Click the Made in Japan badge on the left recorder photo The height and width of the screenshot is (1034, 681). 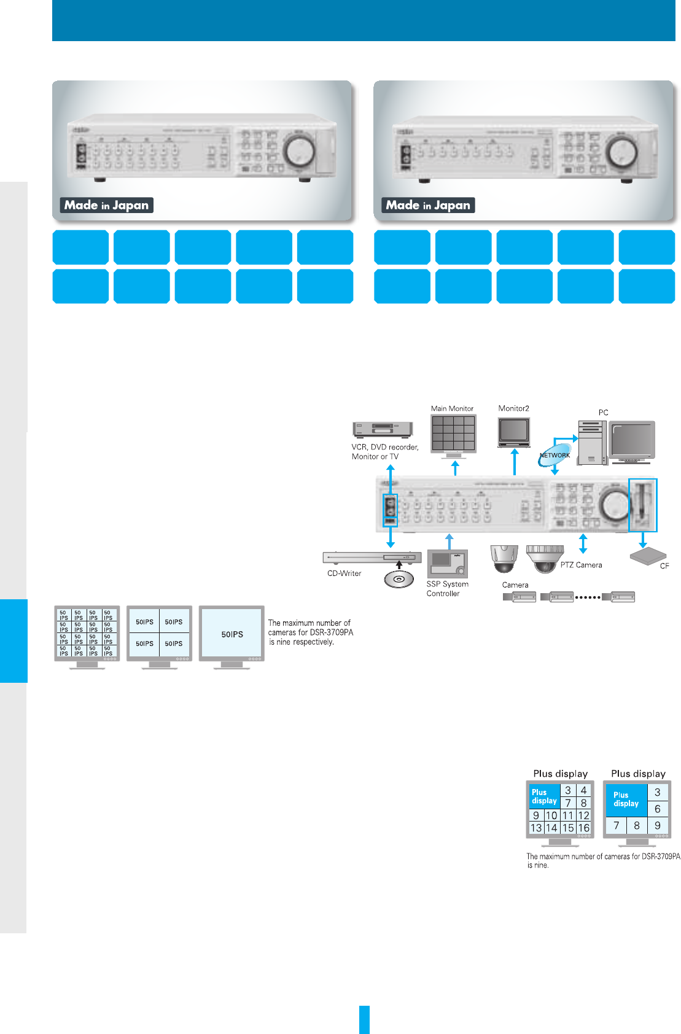pyautogui.click(x=106, y=205)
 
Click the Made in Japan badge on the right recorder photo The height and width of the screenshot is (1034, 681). pyautogui.click(x=428, y=205)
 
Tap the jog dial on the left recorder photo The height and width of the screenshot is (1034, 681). pyautogui.click(x=299, y=150)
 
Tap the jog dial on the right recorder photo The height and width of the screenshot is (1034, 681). pyautogui.click(x=621, y=151)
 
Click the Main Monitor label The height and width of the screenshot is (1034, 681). pyautogui.click(x=452, y=408)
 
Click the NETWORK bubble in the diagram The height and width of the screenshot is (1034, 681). pyautogui.click(x=555, y=456)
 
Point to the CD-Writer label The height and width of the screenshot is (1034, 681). pyautogui.click(x=344, y=573)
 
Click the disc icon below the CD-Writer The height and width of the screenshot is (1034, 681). pyautogui.click(x=399, y=579)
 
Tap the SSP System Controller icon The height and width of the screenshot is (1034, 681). pyautogui.click(x=447, y=564)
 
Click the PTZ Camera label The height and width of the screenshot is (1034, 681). pyautogui.click(x=581, y=565)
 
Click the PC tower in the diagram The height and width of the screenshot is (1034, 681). pyautogui.click(x=592, y=442)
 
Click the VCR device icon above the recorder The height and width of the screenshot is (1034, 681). pyautogui.click(x=382, y=429)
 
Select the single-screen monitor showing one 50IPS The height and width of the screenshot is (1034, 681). pyautogui.click(x=232, y=634)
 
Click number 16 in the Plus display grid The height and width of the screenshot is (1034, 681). pyautogui.click(x=583, y=828)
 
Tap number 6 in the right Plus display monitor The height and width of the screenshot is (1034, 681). pyautogui.click(x=657, y=809)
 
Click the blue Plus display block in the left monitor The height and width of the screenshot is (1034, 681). pyautogui.click(x=544, y=796)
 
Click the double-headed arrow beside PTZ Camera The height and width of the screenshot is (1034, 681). pyautogui.click(x=583, y=543)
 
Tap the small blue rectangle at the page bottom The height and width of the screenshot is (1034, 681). pyautogui.click(x=364, y=1019)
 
